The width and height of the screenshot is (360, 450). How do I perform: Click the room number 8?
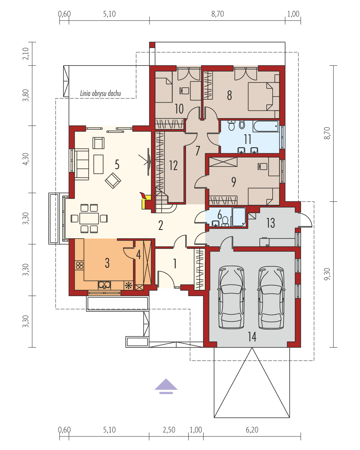(229, 95)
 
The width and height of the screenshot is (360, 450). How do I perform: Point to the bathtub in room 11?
(266, 126)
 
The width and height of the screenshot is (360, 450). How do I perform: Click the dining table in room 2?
(89, 218)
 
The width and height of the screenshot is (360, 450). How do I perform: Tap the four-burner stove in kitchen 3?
(79, 265)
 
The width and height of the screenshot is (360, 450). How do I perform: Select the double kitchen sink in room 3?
(104, 285)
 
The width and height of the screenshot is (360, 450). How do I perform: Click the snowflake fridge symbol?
(128, 285)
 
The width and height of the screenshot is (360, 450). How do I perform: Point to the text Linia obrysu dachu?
(100, 93)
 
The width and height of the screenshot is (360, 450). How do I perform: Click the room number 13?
(270, 223)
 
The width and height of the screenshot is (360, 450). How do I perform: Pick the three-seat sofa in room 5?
(82, 164)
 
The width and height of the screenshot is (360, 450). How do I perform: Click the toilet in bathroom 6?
(225, 221)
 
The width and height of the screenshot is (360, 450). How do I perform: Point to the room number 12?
(173, 166)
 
